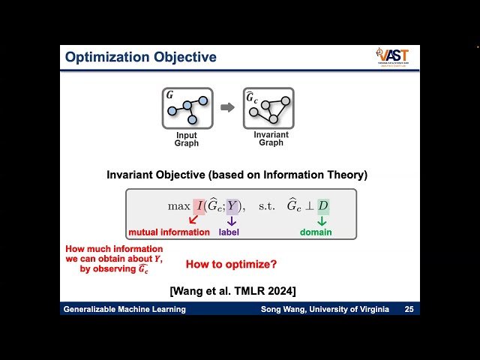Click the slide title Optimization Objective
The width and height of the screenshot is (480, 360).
coord(140,57)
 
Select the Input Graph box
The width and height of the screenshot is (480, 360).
coord(187,109)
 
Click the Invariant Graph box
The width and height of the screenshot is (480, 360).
coord(268,109)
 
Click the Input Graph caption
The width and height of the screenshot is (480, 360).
coord(187,139)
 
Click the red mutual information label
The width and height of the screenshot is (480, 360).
coord(169,232)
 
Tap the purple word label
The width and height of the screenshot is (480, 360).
coord(229,232)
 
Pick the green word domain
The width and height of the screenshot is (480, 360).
coord(316,232)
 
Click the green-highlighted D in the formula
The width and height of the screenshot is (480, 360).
coord(322,205)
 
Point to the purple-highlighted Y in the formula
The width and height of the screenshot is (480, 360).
coord(232,205)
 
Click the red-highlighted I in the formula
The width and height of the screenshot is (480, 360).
coord(199,205)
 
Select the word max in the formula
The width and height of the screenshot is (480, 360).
coord(178,205)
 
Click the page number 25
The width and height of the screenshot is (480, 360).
coord(409,310)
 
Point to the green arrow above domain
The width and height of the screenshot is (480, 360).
coord(322,221)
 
